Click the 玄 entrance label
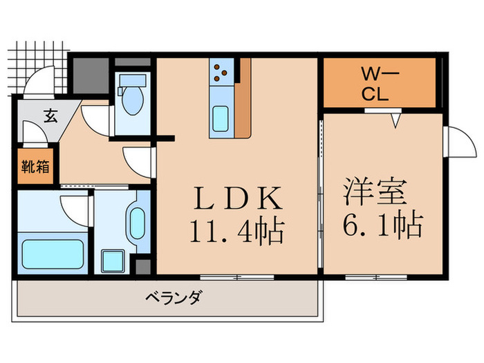[x=50, y=115]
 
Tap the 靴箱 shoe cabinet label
[x=32, y=167]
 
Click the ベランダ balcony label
[x=174, y=299]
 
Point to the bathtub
[x=53, y=253]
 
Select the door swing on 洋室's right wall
[x=456, y=142]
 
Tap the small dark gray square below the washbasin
[x=143, y=266]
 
